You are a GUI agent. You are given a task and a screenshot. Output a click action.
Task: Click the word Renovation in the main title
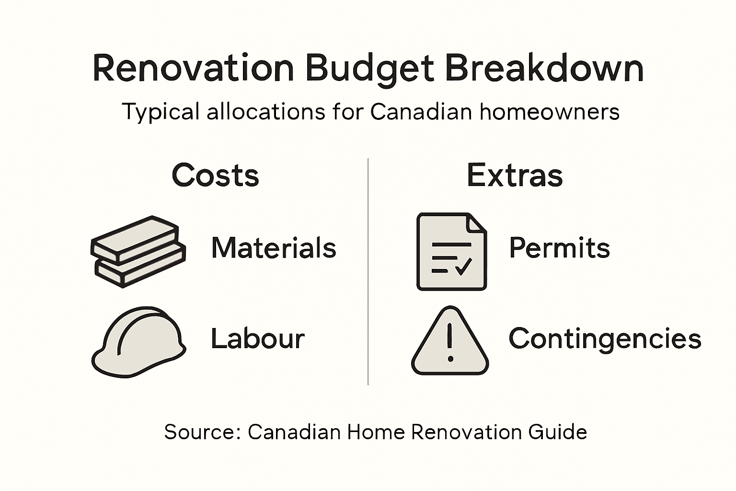pyautogui.click(x=193, y=68)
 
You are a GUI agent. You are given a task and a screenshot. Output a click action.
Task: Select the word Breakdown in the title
pyautogui.click(x=544, y=68)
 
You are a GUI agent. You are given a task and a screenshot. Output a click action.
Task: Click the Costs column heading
pyautogui.click(x=215, y=175)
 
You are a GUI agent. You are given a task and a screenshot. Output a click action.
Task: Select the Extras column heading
pyautogui.click(x=515, y=175)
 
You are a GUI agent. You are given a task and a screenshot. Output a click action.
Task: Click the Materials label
pyautogui.click(x=274, y=248)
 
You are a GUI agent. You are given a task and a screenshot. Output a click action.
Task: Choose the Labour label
pyautogui.click(x=258, y=339)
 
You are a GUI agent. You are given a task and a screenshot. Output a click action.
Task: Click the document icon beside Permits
pyautogui.click(x=451, y=251)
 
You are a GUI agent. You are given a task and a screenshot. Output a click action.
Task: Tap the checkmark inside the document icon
pyautogui.click(x=463, y=266)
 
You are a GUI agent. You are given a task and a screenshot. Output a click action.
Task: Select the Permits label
pyautogui.click(x=559, y=248)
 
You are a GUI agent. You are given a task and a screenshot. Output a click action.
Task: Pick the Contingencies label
pyautogui.click(x=605, y=339)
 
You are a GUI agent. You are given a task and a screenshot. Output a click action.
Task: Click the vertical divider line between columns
pyautogui.click(x=368, y=271)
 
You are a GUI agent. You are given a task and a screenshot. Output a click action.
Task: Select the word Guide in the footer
pyautogui.click(x=558, y=432)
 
